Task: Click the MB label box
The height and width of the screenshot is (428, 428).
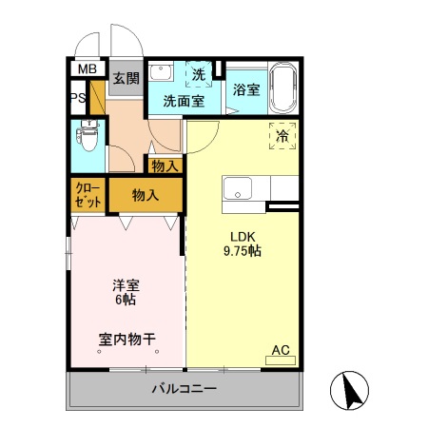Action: tap(88, 69)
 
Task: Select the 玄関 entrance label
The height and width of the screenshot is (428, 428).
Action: tap(126, 79)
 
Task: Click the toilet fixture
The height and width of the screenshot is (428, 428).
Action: tap(90, 140)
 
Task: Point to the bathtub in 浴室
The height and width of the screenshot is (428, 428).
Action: tap(282, 88)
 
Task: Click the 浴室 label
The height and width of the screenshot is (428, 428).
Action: tap(246, 89)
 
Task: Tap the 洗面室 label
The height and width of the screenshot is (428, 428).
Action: tap(183, 99)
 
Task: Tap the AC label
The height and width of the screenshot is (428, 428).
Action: tap(281, 350)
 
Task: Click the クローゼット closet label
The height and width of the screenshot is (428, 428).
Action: tap(88, 195)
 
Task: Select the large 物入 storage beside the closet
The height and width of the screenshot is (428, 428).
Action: tap(145, 195)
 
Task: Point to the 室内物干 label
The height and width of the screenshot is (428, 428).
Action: tap(126, 338)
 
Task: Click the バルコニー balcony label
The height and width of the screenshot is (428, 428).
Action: tap(185, 389)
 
